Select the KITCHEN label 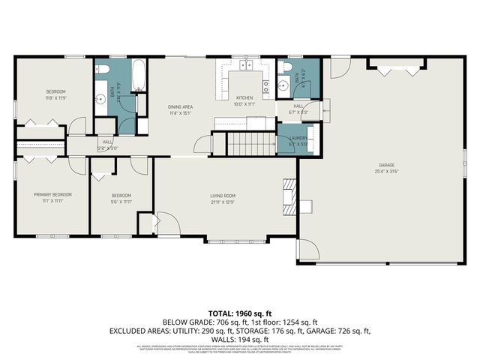(244, 97)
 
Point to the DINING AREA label (181, 106)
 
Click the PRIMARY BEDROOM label (47, 195)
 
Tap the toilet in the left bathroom (103, 70)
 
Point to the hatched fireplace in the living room (287, 193)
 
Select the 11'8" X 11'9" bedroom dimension (55, 97)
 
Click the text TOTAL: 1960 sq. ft (239, 313)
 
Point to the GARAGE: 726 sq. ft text (340, 330)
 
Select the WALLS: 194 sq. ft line (240, 338)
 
